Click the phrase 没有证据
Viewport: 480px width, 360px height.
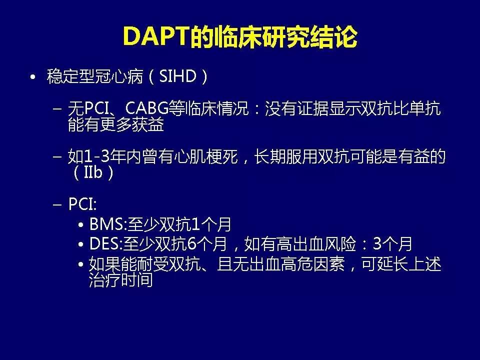coord(294,109)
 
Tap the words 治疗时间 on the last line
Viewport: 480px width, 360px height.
coord(120,280)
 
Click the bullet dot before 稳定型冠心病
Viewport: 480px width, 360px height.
coord(33,78)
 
